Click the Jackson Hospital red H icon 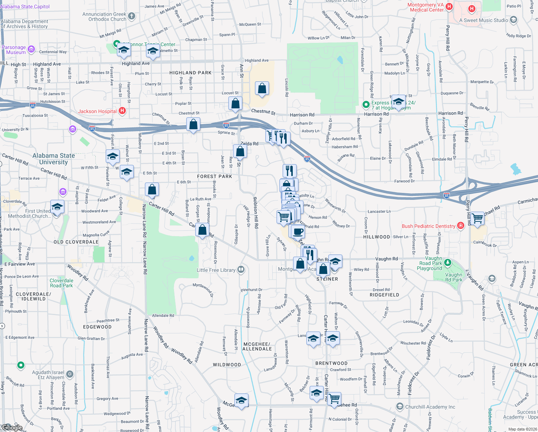tap(122, 111)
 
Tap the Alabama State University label tap(54, 159)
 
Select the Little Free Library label tap(216, 270)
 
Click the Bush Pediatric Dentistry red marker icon tap(461, 226)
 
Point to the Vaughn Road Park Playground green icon tap(447, 262)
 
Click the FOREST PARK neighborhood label tap(214, 176)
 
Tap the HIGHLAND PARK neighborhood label tap(190, 73)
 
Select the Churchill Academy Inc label tap(430, 407)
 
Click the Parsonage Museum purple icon tap(31, 49)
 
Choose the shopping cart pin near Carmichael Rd tap(477, 218)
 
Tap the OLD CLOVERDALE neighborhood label tap(76, 242)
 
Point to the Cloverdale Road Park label tap(61, 283)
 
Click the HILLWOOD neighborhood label tap(376, 237)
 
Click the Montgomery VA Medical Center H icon tap(449, 6)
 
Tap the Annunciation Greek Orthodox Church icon tap(132, 16)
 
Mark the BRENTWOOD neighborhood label tap(331, 363)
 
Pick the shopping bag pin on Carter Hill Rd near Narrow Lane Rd tap(152, 189)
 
